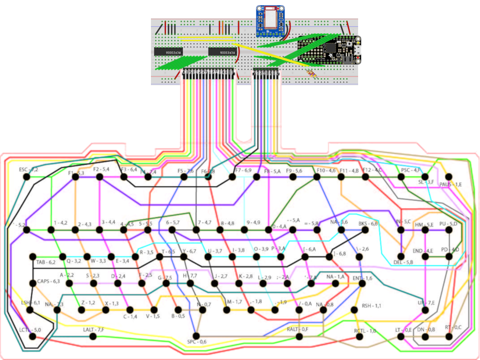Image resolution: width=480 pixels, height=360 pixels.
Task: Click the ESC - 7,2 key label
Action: [x=29, y=169]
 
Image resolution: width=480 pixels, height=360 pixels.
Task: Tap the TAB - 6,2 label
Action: [x=46, y=262]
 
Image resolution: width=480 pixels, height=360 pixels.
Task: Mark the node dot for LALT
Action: [x=94, y=336]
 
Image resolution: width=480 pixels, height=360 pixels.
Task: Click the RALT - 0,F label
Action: [x=297, y=330]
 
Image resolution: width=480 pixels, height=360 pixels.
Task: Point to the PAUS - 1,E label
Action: [x=450, y=184]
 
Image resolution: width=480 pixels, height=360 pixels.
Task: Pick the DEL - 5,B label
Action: [x=403, y=262]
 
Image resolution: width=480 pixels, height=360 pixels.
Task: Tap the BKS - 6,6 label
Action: [x=368, y=224]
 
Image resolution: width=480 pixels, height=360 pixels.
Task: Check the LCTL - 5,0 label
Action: [x=30, y=330]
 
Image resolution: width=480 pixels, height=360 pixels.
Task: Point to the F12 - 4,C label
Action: [x=372, y=170]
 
